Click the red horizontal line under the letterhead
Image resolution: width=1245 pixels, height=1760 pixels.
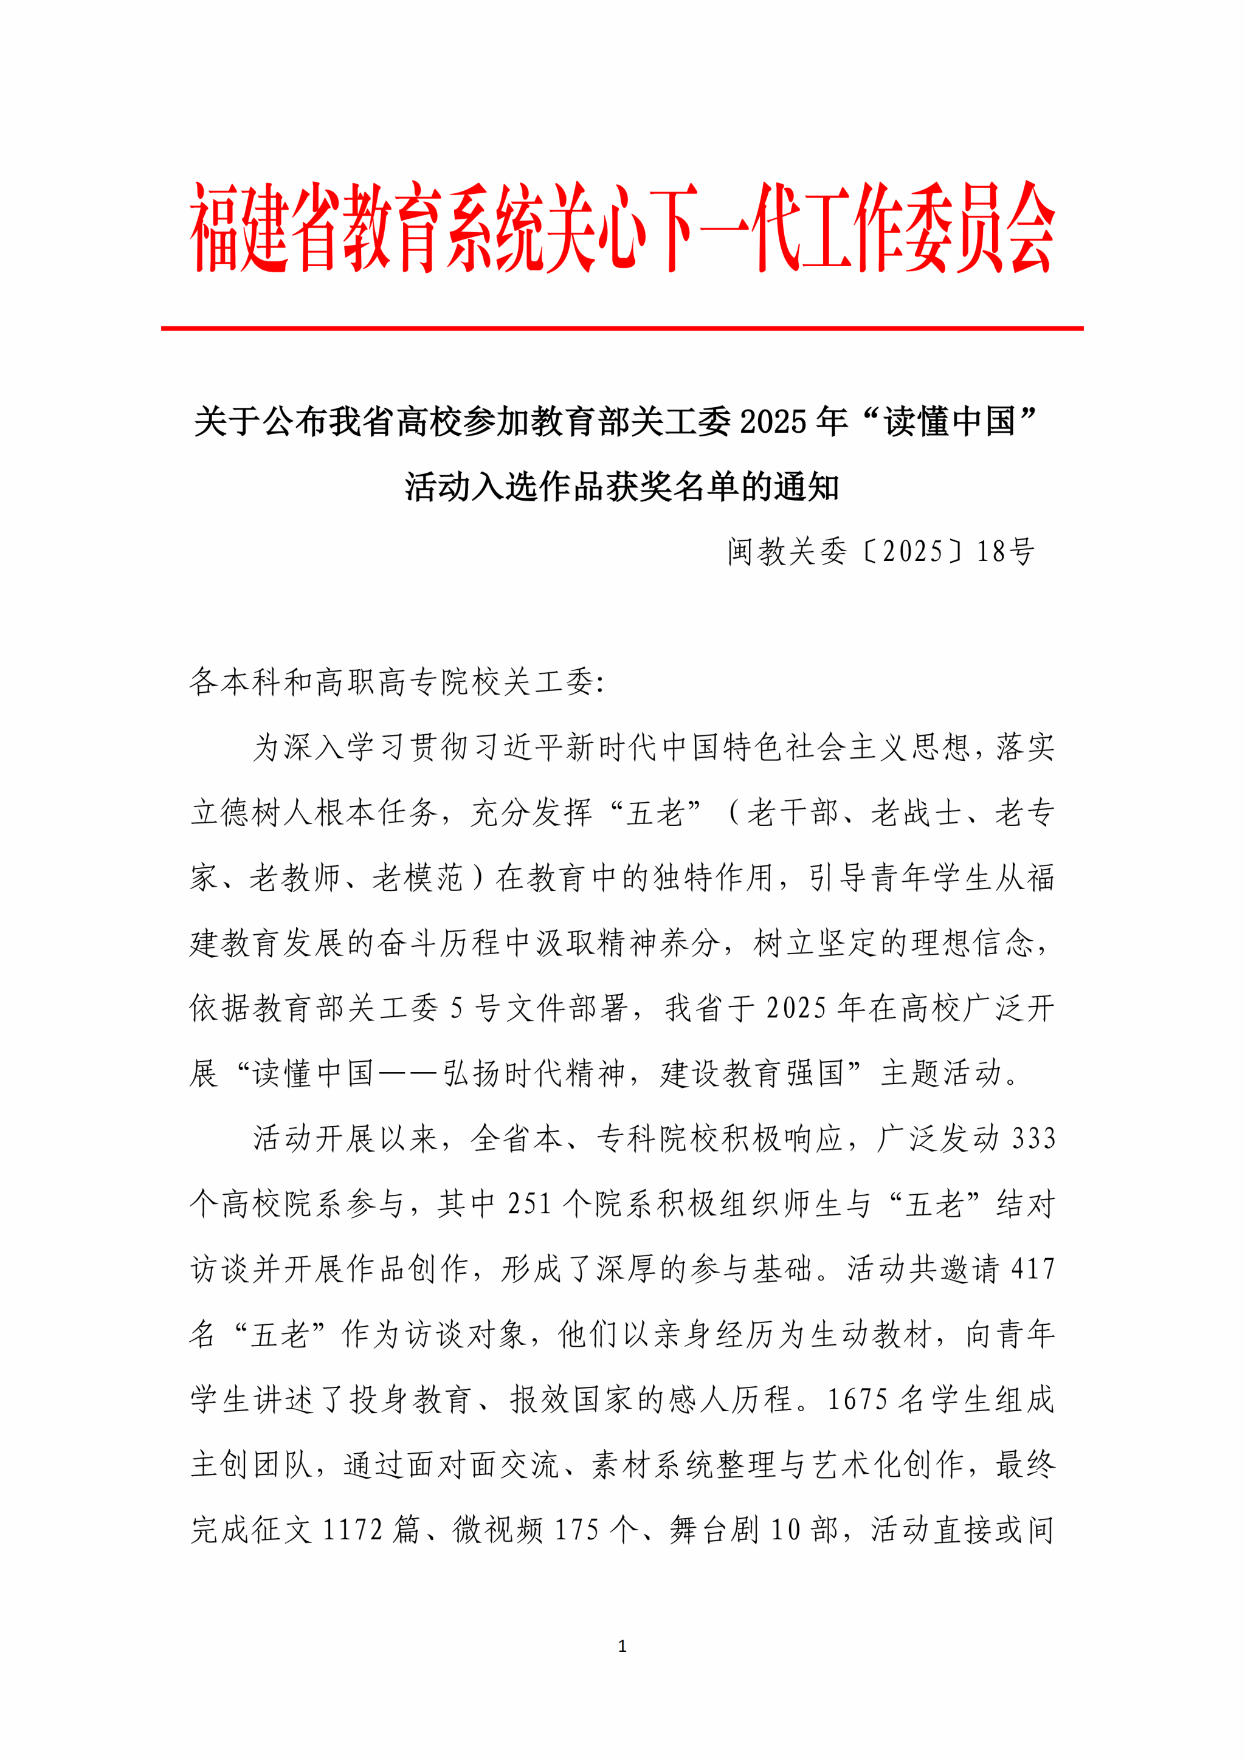[x=622, y=328]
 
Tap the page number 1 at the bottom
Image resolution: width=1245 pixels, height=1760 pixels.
[x=622, y=1645]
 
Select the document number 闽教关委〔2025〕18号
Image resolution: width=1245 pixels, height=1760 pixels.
[x=881, y=551]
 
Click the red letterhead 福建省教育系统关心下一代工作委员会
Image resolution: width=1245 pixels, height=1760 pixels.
[x=622, y=228]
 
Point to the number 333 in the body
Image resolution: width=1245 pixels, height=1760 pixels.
[x=1033, y=1138]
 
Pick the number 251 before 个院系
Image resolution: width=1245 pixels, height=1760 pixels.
[x=529, y=1203]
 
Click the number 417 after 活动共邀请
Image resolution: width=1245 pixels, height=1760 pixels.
[x=1033, y=1268]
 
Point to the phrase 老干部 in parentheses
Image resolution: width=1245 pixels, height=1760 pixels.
[x=793, y=813]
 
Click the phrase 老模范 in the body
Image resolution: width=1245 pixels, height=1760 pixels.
[x=418, y=878]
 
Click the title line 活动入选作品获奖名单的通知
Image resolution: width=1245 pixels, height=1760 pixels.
[x=622, y=486]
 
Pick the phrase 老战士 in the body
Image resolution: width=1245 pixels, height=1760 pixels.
[x=916, y=813]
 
